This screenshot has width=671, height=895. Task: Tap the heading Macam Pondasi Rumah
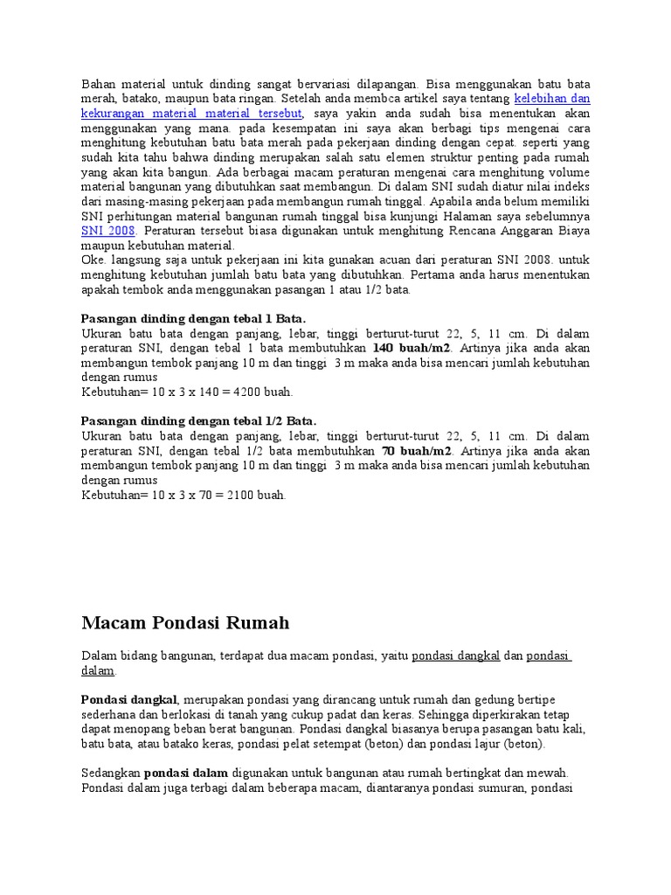(185, 623)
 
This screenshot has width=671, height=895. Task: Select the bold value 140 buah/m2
(417, 349)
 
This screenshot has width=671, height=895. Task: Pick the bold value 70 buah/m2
(417, 451)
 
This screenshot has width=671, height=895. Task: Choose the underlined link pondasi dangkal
(455, 656)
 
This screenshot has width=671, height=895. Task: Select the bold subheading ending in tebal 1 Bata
(193, 318)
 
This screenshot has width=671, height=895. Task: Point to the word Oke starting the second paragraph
(93, 260)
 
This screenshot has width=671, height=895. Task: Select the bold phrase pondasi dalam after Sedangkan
(186, 773)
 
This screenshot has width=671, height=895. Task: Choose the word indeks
(571, 186)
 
